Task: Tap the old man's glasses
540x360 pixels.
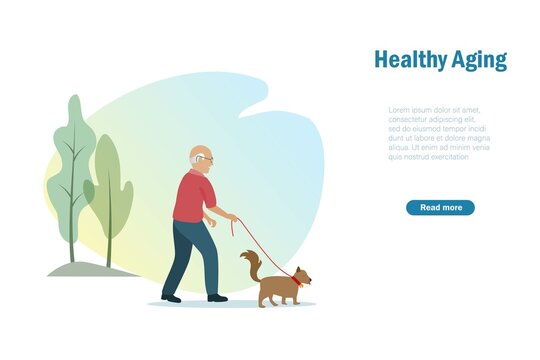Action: click(x=205, y=159)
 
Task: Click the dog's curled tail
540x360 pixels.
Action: click(x=250, y=263)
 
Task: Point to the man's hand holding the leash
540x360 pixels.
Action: click(x=233, y=218)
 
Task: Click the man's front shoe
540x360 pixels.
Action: click(x=217, y=297)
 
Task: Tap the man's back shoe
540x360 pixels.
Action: click(x=171, y=297)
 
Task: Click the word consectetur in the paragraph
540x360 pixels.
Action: click(x=409, y=119)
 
